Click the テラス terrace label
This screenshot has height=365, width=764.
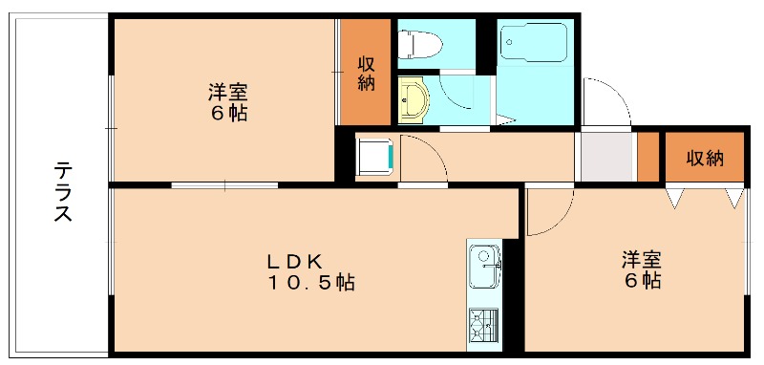pyautogui.click(x=62, y=192)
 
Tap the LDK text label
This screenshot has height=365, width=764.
pyautogui.click(x=294, y=262)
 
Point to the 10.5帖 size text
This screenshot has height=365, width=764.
pyautogui.click(x=310, y=282)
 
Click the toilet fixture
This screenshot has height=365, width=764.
pyautogui.click(x=419, y=44)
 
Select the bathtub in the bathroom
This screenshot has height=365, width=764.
pyautogui.click(x=534, y=42)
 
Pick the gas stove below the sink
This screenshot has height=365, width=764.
pyautogui.click(x=483, y=326)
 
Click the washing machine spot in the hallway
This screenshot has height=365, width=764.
pyautogui.click(x=375, y=157)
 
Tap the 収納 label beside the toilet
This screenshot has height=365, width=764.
pyautogui.click(x=366, y=74)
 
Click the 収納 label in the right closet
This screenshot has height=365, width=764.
pyautogui.click(x=705, y=159)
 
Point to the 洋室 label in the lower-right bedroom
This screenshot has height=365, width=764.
pyautogui.click(x=641, y=261)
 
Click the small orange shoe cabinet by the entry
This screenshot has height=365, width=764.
pyautogui.click(x=648, y=157)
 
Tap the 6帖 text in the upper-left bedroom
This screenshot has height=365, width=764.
pyautogui.click(x=228, y=114)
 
